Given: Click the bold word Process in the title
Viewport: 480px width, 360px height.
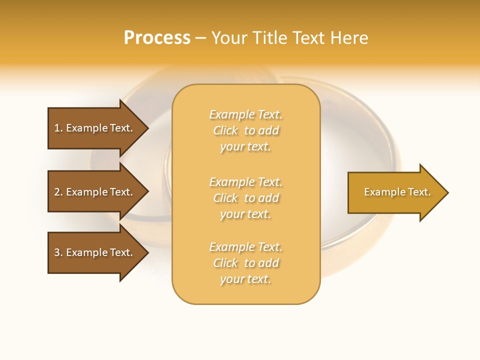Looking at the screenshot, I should tap(157, 38).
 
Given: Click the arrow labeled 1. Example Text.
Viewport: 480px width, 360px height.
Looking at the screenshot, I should tap(95, 128).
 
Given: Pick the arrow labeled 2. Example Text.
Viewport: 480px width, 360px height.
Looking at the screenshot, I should tap(95, 192).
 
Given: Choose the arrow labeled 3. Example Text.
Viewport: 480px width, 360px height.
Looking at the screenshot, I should tap(95, 252).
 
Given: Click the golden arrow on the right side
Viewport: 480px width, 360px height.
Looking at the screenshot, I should tap(395, 192).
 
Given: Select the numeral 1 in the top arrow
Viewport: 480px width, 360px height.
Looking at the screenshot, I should tap(57, 128).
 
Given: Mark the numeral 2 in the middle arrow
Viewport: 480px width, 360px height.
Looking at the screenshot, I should tap(57, 192).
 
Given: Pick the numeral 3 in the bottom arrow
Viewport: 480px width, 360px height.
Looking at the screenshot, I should tap(57, 252).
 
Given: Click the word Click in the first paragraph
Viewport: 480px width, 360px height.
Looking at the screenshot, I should tap(225, 130).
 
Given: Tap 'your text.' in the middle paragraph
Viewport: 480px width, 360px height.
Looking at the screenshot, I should tap(245, 214).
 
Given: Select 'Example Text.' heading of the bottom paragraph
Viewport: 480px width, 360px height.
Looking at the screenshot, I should tap(245, 247).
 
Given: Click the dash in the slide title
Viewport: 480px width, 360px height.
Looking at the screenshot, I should tap(200, 38).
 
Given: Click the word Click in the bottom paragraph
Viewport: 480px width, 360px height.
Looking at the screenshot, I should tap(225, 263).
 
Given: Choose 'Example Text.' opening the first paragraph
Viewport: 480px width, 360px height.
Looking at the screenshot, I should tap(245, 114).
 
